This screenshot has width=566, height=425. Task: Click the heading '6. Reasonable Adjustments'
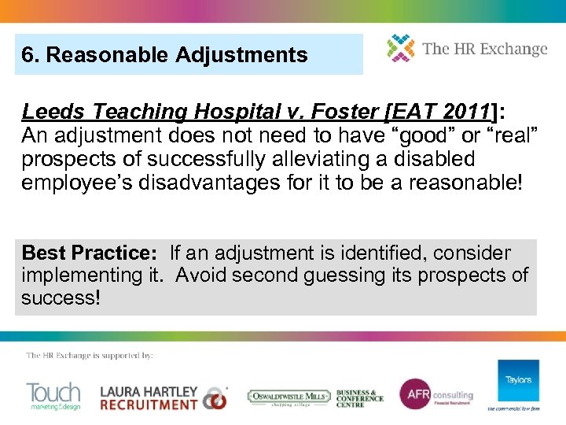click(x=164, y=55)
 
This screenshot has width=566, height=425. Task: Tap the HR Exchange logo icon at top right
click(x=401, y=48)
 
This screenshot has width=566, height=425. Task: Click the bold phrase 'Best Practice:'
click(x=90, y=253)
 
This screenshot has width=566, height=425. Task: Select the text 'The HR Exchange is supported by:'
click(x=90, y=356)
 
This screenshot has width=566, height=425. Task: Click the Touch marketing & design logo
click(x=53, y=396)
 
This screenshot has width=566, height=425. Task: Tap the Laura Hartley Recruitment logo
click(x=162, y=397)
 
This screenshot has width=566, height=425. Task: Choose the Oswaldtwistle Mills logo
click(x=288, y=397)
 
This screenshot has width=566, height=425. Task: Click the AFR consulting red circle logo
click(x=413, y=394)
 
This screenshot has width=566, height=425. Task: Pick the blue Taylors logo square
click(x=518, y=381)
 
